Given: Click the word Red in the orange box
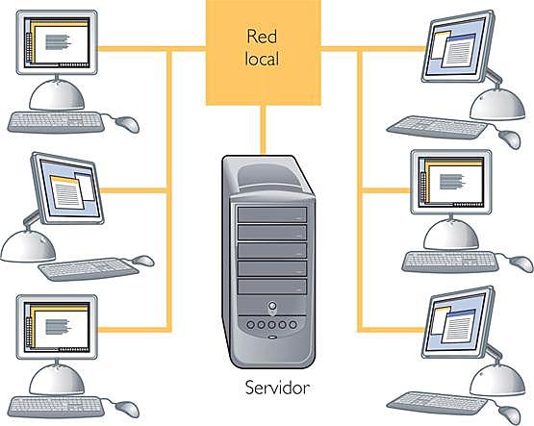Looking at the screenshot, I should coord(261,39).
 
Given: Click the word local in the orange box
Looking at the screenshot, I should coord(261,60).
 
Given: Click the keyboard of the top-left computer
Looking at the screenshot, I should coord(56,122).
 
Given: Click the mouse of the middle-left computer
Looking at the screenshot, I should coord(141,260).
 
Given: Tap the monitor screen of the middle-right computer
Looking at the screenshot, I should coord(448,182).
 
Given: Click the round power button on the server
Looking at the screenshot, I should coord(273,310).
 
